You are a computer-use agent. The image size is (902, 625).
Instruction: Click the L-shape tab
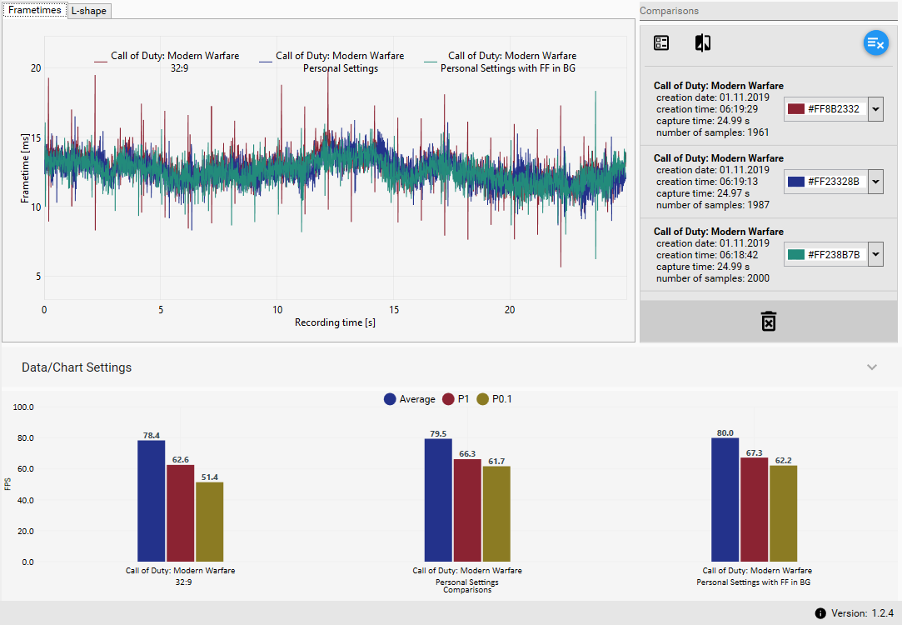tap(90, 11)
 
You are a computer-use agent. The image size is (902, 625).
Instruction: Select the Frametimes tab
tap(35, 10)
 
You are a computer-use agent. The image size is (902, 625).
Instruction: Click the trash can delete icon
tap(768, 321)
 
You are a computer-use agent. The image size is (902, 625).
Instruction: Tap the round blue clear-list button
tap(875, 43)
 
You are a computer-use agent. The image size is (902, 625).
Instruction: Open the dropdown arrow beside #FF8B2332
tap(875, 109)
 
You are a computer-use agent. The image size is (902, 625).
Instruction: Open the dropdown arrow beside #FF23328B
tap(875, 182)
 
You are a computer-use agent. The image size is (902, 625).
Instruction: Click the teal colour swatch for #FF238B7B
tap(796, 254)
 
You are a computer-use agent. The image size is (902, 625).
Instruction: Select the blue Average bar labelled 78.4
tap(151, 500)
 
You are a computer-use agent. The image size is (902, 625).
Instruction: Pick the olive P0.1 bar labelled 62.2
tap(784, 513)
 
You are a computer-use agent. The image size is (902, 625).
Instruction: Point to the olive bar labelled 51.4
tap(209, 522)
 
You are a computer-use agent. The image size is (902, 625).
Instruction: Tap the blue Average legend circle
tap(390, 399)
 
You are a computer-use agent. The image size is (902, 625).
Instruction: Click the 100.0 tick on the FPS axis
tap(23, 407)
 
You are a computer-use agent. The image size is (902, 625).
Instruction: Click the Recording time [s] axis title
tap(335, 322)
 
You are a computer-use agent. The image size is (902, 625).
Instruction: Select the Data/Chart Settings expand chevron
tap(872, 367)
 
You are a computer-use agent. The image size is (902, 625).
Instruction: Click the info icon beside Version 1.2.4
tap(820, 613)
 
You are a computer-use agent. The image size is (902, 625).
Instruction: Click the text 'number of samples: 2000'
tap(712, 278)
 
